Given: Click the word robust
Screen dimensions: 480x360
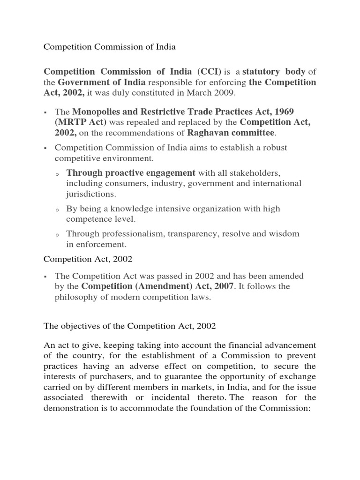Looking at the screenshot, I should (274, 148).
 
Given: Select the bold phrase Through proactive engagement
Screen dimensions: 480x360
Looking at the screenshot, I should (131, 172).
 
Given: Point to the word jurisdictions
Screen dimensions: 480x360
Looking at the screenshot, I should (91, 194).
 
